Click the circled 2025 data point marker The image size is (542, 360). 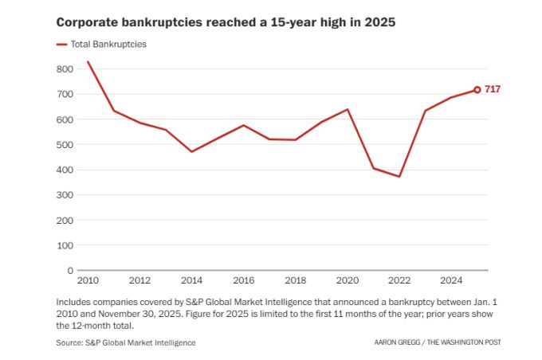477,90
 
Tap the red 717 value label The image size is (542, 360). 493,90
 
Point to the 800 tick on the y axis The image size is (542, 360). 65,69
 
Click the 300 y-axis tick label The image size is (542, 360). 65,195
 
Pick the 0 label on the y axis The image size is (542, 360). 70,270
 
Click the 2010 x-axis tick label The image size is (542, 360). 88,280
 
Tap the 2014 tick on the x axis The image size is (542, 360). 191,280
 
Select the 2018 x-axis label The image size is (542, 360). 296,280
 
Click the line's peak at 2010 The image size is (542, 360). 88,61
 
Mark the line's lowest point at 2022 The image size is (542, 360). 399,176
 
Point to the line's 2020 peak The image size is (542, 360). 348,109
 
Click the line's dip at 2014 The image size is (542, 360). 191,151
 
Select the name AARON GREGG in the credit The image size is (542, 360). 399,342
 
